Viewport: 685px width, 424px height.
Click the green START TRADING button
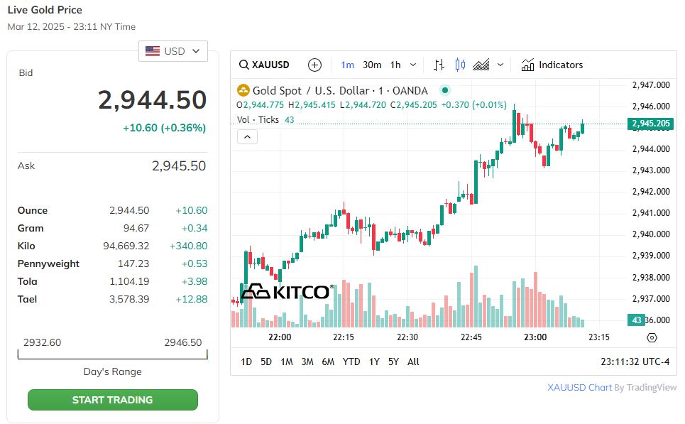coord(112,400)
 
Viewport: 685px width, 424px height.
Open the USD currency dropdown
coord(173,51)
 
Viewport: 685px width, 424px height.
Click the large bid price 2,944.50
coord(152,100)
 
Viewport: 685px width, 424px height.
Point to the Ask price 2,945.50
coord(178,165)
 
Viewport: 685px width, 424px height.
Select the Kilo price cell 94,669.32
coord(126,246)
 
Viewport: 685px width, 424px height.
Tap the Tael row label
coord(27,299)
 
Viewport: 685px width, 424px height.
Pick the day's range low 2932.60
coord(42,342)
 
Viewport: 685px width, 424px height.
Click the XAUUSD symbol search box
coord(265,65)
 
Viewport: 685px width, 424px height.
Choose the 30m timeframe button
coord(372,65)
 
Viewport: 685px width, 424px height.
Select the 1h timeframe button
coord(395,65)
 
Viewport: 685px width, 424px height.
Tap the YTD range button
coord(351,362)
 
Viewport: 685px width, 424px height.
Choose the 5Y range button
coord(393,362)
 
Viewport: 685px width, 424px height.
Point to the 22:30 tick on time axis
coord(407,337)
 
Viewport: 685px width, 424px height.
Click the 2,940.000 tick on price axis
coord(651,234)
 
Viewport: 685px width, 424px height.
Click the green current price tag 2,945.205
coord(650,124)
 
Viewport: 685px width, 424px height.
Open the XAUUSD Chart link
coord(580,387)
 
